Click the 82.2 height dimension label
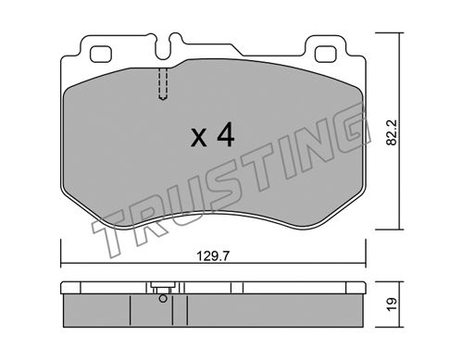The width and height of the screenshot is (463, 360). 392,132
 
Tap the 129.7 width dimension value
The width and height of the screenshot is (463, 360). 213,255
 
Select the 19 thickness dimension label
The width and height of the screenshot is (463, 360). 392,304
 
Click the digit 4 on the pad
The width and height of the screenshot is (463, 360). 226,134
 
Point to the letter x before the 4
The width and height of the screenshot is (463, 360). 198,138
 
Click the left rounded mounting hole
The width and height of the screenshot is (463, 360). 100,54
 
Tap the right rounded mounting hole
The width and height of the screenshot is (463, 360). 325,54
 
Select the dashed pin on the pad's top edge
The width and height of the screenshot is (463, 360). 163,84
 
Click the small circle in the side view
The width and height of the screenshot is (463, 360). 163,299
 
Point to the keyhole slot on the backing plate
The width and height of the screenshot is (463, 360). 168,46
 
